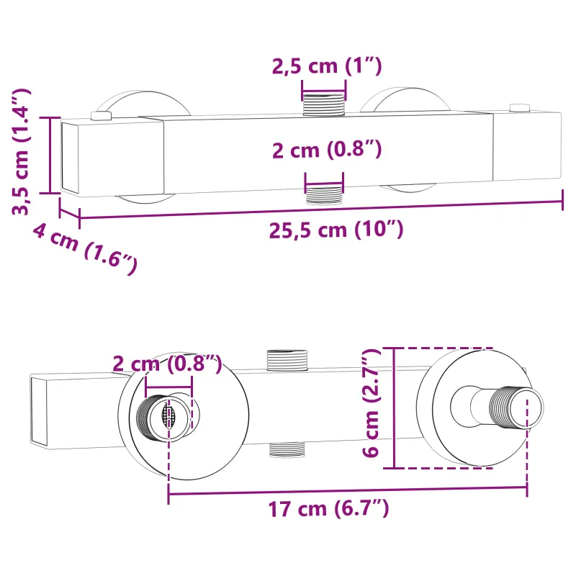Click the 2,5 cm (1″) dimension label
(327, 66)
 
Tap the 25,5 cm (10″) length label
(336, 230)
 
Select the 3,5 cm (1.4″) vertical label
(22, 151)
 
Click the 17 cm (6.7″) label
(328, 509)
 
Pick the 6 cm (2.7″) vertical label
(370, 402)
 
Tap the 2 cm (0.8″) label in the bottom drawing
(167, 364)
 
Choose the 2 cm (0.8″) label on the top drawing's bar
(327, 150)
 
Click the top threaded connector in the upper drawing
(323, 104)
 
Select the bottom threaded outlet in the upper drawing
(324, 195)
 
